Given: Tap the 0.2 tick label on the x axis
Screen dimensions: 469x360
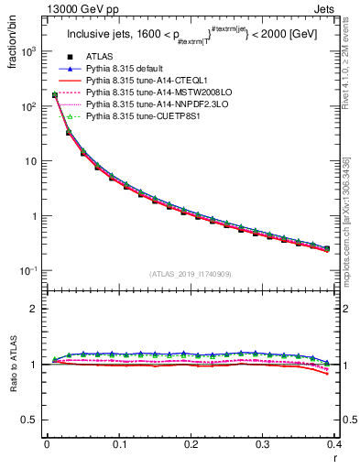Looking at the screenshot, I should click(x=191, y=444).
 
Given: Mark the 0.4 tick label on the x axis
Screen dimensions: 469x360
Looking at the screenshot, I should click(x=333, y=444).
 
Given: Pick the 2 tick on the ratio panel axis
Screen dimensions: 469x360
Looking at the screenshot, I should click(x=34, y=309).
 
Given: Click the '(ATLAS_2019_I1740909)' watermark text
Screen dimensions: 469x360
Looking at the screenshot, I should click(x=191, y=274).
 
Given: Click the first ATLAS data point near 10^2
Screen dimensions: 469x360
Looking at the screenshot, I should click(x=55, y=94).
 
